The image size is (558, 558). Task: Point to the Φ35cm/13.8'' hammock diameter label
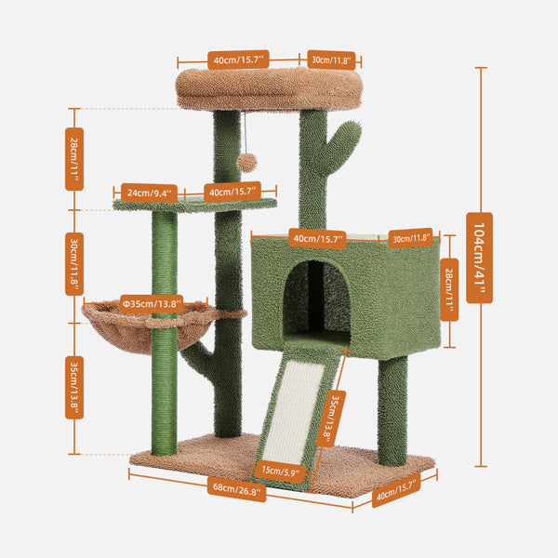coord(150,303)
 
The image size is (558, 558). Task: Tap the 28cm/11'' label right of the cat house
coord(449,289)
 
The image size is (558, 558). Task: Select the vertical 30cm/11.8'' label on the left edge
coord(74,262)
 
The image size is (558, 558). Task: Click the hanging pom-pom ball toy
coord(245,161)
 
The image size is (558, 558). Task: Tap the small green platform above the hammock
coord(195,205)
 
